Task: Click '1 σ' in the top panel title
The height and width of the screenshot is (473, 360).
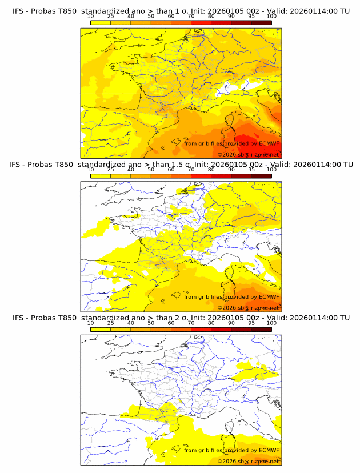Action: tap(179, 11)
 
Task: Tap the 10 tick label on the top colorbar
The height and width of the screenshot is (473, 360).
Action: tap(90, 17)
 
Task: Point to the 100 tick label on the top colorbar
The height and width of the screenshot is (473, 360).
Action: tap(271, 17)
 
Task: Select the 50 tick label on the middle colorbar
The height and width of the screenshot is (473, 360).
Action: tap(151, 170)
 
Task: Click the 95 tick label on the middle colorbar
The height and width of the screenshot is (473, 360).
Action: tap(251, 170)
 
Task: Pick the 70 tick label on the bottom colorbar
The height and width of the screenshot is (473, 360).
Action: tap(191, 323)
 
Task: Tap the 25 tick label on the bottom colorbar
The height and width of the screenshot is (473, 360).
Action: tap(110, 323)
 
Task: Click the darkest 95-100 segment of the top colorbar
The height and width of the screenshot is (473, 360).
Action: tap(261, 22)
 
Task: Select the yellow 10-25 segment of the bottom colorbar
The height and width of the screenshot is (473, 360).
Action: tap(101, 329)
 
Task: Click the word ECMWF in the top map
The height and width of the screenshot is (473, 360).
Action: tap(269, 143)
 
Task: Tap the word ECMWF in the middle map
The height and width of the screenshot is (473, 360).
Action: tap(269, 296)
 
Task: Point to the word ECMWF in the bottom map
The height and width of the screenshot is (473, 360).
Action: tap(269, 450)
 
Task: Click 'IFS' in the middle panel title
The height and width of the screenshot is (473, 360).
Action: tap(18, 165)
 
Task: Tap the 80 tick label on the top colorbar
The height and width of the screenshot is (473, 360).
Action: tap(211, 17)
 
